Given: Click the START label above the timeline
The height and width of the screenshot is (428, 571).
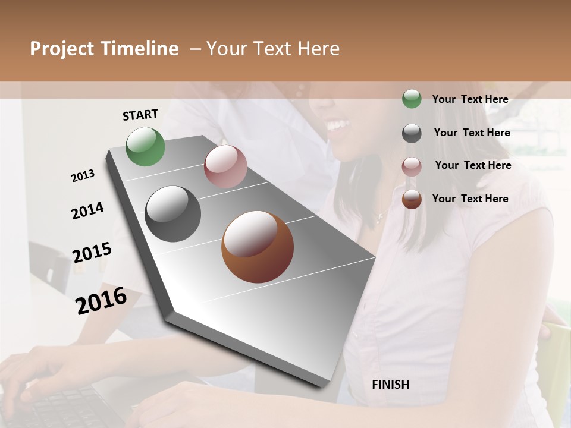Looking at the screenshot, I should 140,115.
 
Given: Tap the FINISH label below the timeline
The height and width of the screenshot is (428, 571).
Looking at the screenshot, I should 391,385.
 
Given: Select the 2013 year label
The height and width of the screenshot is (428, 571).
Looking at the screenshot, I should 83,176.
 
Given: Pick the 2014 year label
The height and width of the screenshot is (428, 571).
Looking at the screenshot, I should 87,210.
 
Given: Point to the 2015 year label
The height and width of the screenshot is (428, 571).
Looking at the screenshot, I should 92,253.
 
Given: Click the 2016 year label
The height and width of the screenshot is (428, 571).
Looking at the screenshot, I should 101,300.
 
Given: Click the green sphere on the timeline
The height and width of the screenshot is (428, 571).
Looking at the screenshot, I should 146,146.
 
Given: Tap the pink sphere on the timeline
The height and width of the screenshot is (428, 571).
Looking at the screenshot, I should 225,166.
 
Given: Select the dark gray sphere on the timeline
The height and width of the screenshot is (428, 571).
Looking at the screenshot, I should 173,214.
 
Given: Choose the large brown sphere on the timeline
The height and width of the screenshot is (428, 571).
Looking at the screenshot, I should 258,247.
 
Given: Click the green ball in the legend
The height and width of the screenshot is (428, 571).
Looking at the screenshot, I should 412,99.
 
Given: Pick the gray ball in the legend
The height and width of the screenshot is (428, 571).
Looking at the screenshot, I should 412,133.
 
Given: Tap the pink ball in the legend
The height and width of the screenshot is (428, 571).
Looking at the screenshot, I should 412,166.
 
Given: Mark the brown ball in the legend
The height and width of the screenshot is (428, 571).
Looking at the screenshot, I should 412,200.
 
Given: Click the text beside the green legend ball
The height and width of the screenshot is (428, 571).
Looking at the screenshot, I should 470,99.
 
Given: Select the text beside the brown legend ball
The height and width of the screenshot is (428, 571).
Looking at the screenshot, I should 470,199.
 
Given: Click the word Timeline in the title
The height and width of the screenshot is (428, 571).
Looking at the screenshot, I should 140,49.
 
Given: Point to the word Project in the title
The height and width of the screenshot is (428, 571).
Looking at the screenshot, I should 62,49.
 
